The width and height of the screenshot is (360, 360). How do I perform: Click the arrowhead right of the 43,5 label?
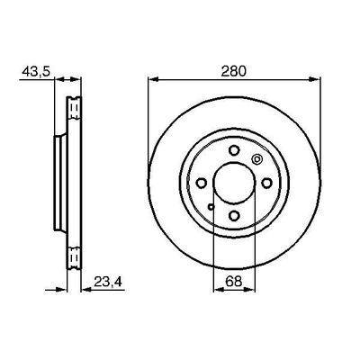[52, 80]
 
